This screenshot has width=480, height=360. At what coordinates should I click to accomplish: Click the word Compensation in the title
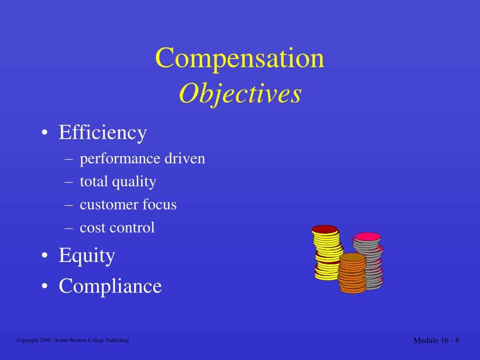(240, 59)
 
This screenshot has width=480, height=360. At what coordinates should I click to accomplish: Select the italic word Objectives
(240, 94)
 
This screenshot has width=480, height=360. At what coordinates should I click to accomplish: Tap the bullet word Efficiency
(103, 133)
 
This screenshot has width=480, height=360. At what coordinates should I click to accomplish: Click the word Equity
(87, 256)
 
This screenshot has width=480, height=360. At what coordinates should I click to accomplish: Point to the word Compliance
(110, 285)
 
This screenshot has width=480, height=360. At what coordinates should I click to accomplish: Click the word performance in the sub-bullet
(120, 159)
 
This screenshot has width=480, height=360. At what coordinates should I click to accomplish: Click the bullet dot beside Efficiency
(44, 134)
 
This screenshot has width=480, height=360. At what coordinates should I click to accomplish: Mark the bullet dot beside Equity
(44, 256)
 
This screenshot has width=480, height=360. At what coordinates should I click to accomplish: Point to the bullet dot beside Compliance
(44, 286)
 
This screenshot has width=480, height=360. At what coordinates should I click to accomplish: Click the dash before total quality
(69, 182)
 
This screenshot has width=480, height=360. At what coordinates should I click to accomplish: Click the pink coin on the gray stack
(367, 237)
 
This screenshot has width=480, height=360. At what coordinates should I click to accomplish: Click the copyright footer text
(73, 340)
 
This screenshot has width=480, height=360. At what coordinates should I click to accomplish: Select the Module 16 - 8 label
(436, 340)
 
